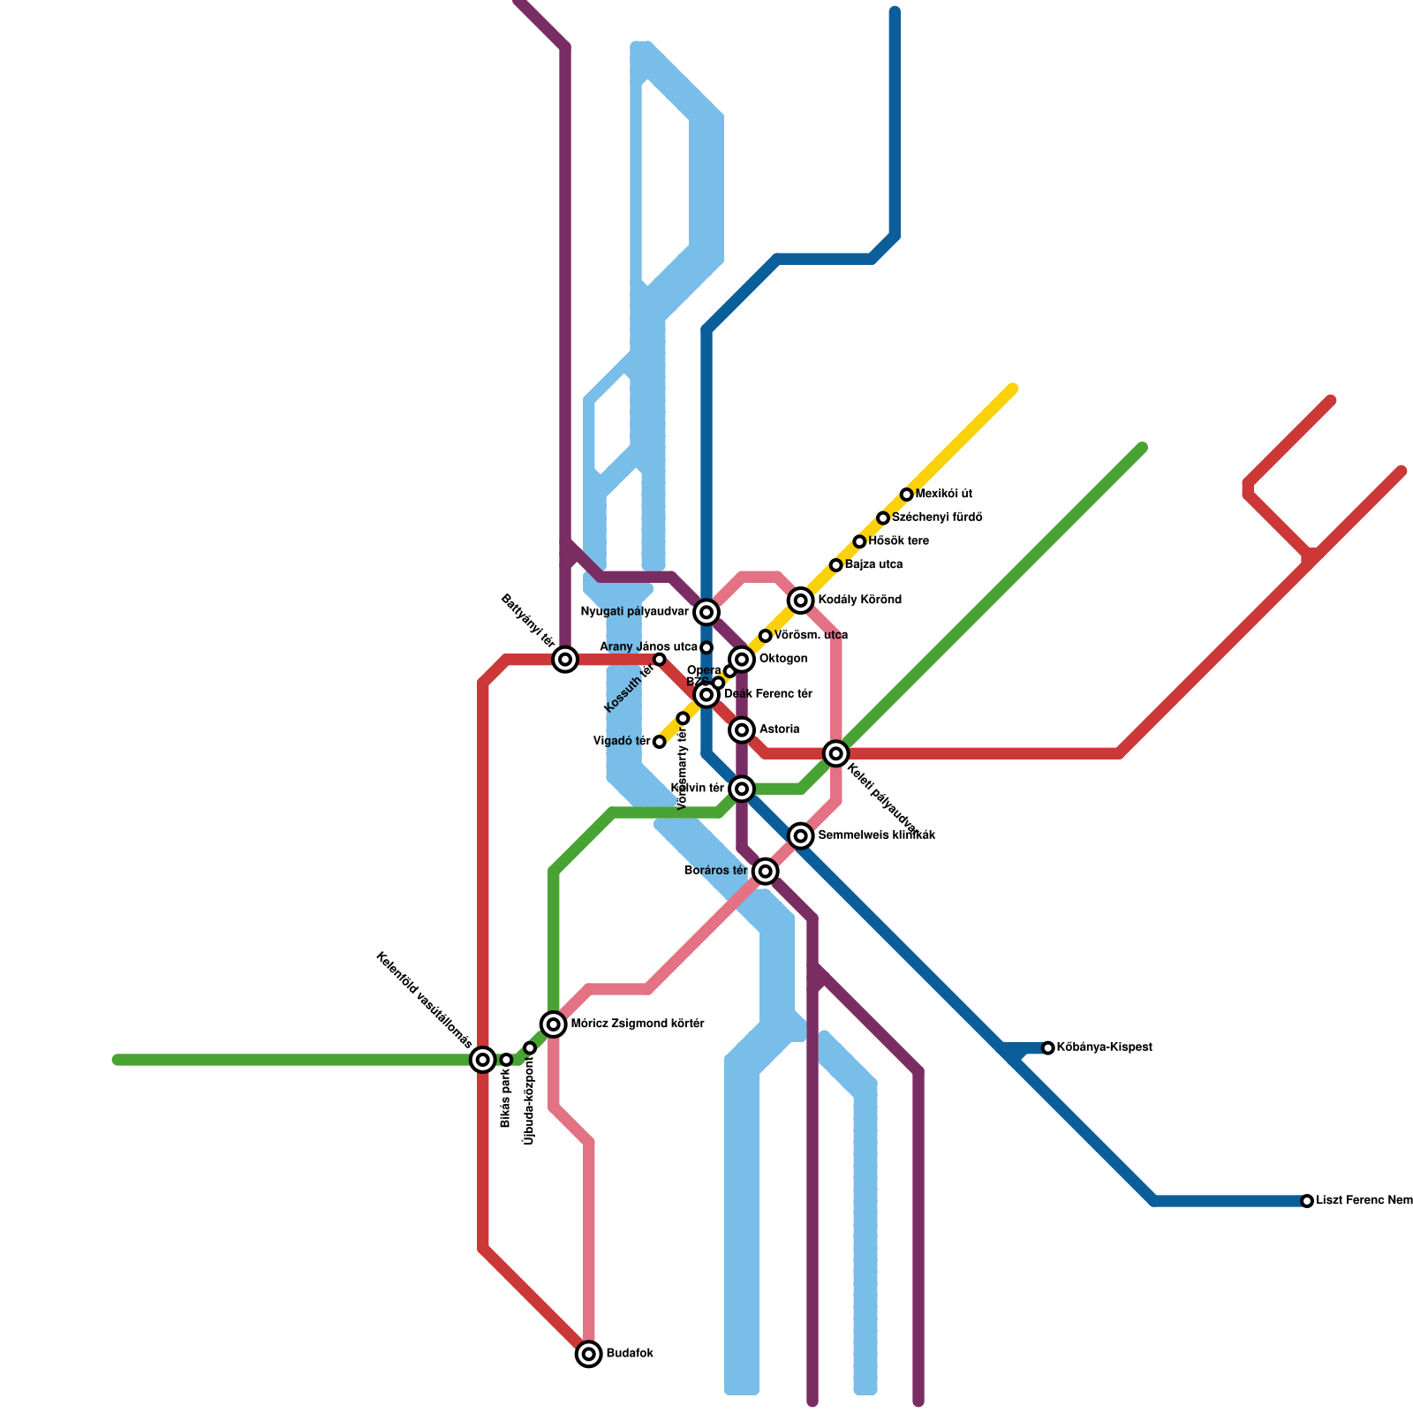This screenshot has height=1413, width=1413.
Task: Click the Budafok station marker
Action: point(589,1354)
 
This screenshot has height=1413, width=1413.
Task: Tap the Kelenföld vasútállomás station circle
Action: point(482,1059)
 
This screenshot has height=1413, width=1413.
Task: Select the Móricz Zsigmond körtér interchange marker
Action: point(554,1024)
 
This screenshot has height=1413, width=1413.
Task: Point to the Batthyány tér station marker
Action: point(565,659)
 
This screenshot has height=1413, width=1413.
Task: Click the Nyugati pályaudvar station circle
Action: point(706,612)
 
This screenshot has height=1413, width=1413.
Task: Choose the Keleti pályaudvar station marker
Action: point(836,753)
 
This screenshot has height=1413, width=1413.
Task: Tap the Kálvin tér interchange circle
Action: point(743,788)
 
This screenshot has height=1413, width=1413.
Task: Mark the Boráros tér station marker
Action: point(766,872)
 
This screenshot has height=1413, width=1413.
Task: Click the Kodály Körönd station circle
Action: point(801,601)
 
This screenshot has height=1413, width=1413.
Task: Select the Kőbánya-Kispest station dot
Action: point(1048,1048)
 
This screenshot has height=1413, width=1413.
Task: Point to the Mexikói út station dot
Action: point(906,495)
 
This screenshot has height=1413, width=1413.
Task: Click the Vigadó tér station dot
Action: point(660,742)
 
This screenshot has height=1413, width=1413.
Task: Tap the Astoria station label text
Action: point(779,729)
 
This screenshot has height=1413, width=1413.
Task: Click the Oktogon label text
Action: point(782,659)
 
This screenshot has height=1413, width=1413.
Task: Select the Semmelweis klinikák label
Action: point(876,835)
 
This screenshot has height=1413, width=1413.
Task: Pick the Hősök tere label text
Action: point(898,541)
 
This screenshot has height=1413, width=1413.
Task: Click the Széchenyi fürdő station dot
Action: point(883,518)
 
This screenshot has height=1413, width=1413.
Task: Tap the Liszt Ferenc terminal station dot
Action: point(1307,1201)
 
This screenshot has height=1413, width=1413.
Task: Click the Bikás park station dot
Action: point(506,1060)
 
